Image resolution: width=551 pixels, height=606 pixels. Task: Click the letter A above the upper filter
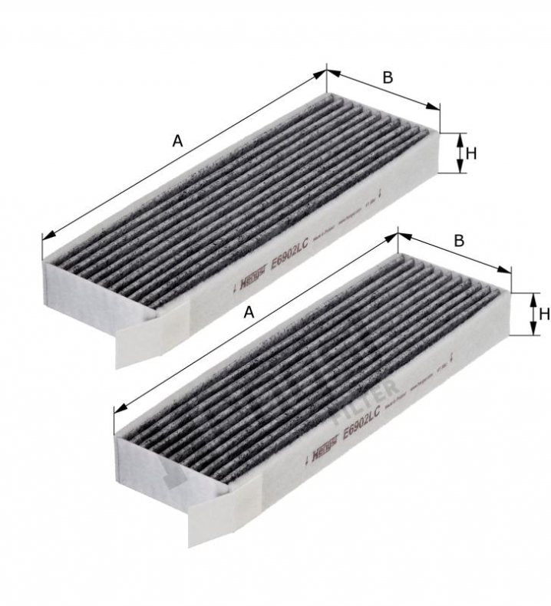coord(177,140)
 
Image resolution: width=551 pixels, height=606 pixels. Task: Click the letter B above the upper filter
coord(388,77)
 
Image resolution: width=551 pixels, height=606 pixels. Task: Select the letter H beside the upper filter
coord(470,153)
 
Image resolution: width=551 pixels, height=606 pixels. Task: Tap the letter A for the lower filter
coord(248,311)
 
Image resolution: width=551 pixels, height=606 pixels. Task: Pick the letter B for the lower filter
coord(459,240)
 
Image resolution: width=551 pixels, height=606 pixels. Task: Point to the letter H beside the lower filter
coord(543,313)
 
